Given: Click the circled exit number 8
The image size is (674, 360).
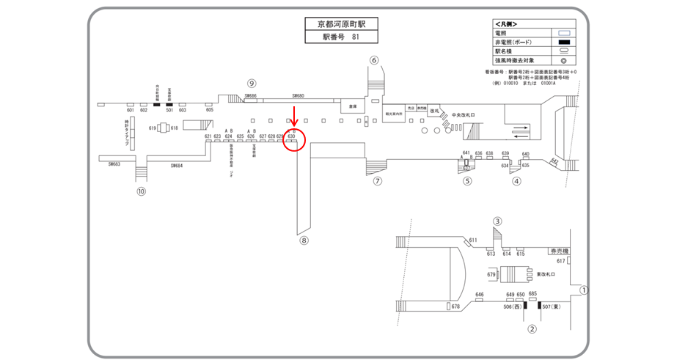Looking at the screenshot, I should tap(304, 239).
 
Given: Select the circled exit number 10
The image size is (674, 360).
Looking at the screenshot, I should tap(142, 192).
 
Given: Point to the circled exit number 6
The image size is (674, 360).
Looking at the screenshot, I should tap(374, 60).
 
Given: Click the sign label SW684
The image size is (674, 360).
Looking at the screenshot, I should tap(176, 166).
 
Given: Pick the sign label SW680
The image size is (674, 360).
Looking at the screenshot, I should tap(298, 96).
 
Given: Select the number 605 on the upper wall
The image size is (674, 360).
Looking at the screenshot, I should tap(209, 110).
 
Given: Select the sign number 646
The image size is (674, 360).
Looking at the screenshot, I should tap(480, 295).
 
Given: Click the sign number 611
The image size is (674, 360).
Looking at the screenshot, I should tap(473, 240).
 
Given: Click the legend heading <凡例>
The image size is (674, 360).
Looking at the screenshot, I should tap(505, 24).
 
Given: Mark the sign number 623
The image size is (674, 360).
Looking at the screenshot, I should tap(217, 136).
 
